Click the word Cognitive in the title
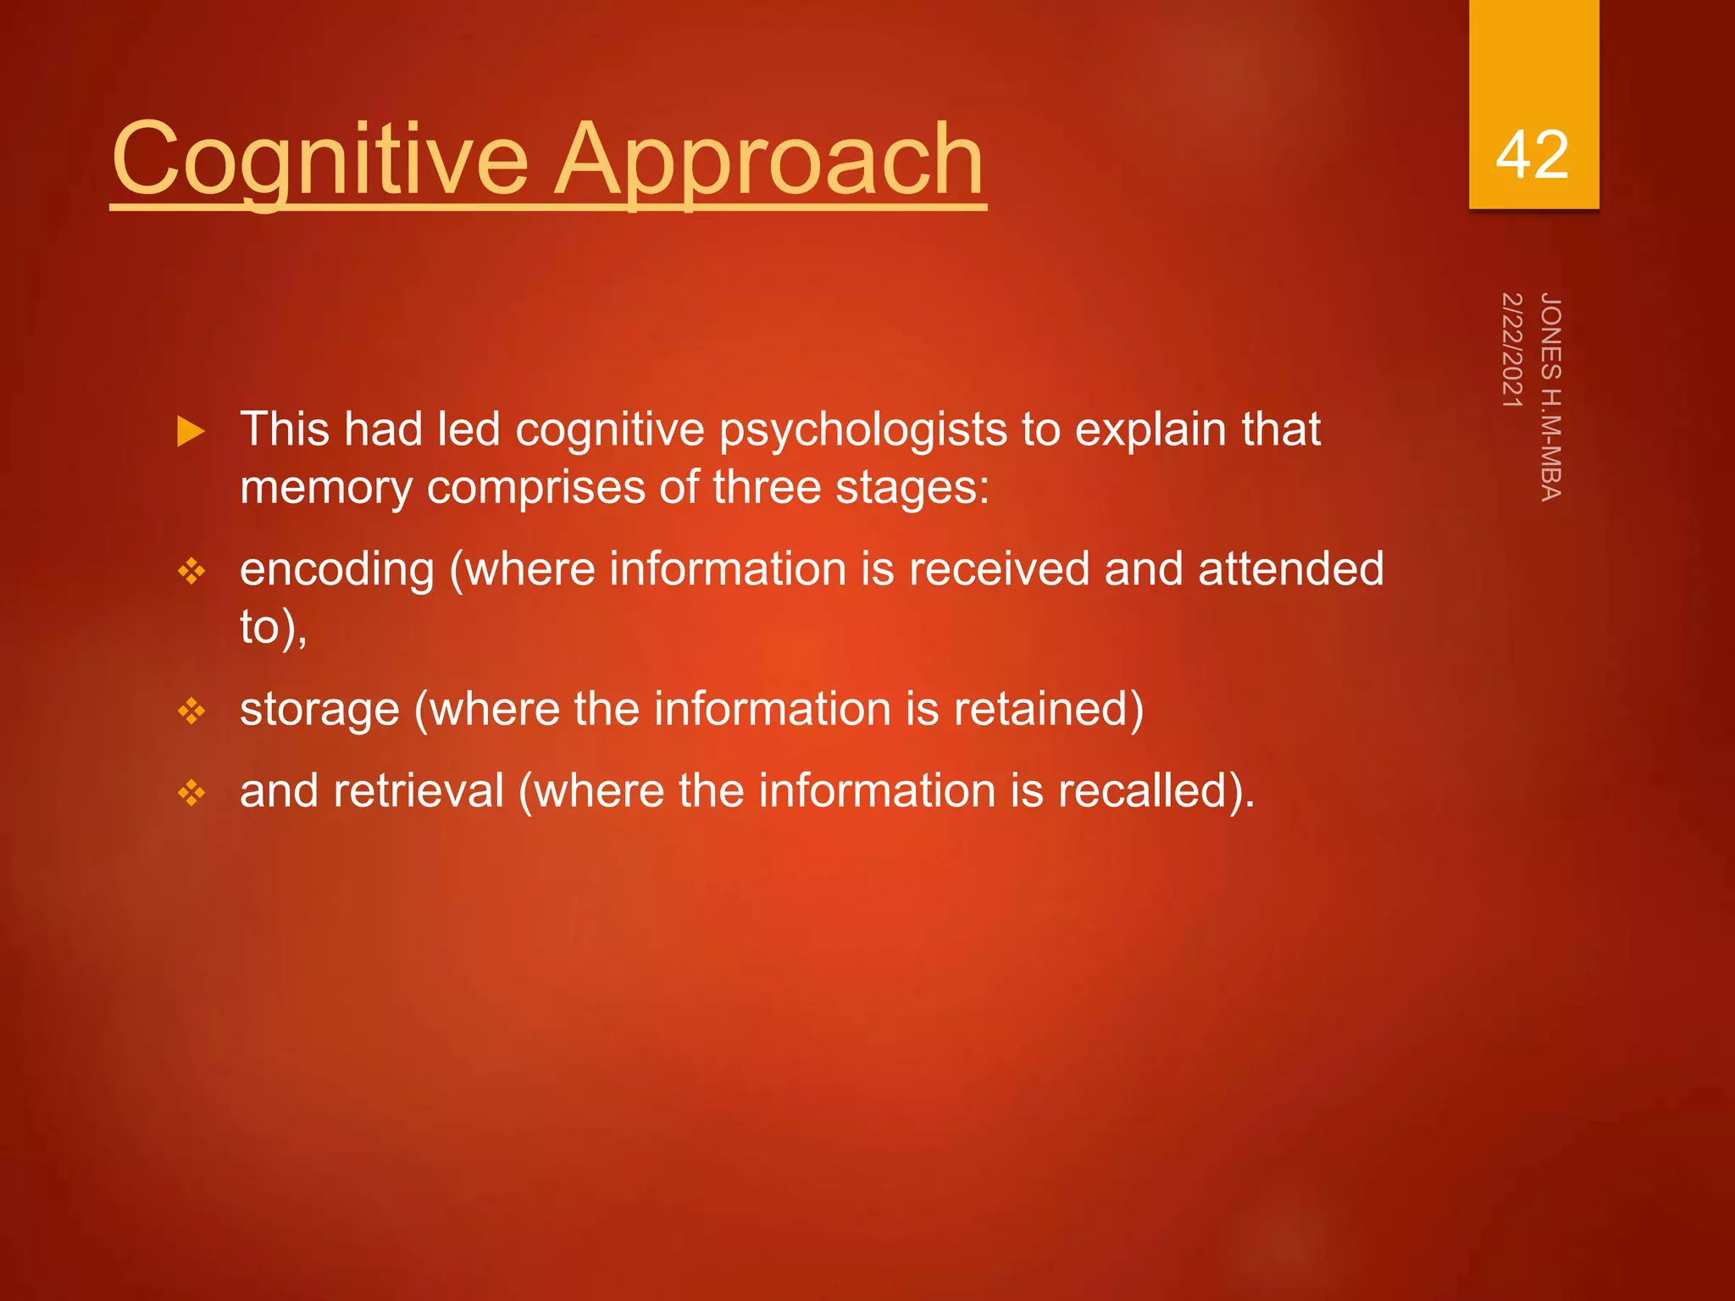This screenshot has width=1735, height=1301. click(x=320, y=159)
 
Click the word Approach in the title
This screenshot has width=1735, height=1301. click(x=769, y=159)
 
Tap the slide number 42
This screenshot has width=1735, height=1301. click(x=1532, y=155)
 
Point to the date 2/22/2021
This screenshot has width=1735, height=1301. click(x=1512, y=349)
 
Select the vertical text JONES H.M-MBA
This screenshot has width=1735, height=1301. click(x=1550, y=396)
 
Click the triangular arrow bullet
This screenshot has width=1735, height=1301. click(x=191, y=431)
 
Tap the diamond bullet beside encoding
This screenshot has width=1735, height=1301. click(x=191, y=572)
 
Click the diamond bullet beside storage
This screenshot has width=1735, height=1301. click(x=191, y=711)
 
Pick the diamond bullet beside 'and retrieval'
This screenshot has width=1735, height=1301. click(x=191, y=793)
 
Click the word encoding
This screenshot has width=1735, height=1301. click(x=336, y=569)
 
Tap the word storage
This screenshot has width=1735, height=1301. click(x=319, y=710)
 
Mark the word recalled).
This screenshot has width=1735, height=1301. click(x=1156, y=791)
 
